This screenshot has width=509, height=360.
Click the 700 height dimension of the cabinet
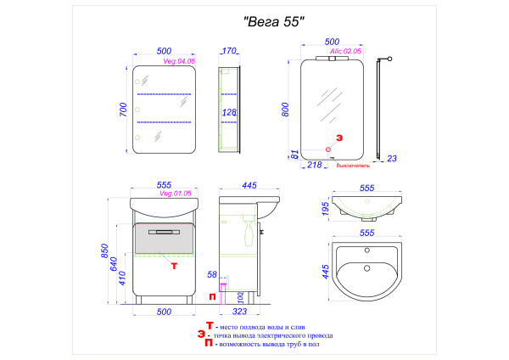[123, 110]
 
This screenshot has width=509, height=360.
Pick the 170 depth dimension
[229, 51]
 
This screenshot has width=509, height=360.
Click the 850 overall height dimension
[103, 253]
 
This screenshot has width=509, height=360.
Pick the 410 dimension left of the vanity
[123, 278]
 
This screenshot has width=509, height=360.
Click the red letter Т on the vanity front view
[174, 266]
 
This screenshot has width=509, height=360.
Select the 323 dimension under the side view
[240, 312]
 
